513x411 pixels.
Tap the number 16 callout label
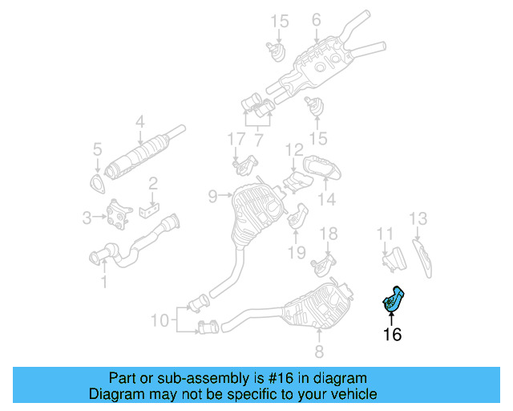[x=391, y=335]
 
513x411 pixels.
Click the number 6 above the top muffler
[x=316, y=19]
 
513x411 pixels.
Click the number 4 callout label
[x=139, y=123]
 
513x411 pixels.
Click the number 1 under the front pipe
[x=103, y=281]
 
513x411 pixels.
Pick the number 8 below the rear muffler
[x=318, y=351]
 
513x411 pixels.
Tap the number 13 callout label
[x=418, y=218]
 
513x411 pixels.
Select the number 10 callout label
[x=161, y=320]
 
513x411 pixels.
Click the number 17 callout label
[x=234, y=140]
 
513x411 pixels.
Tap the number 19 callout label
[x=296, y=252]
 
